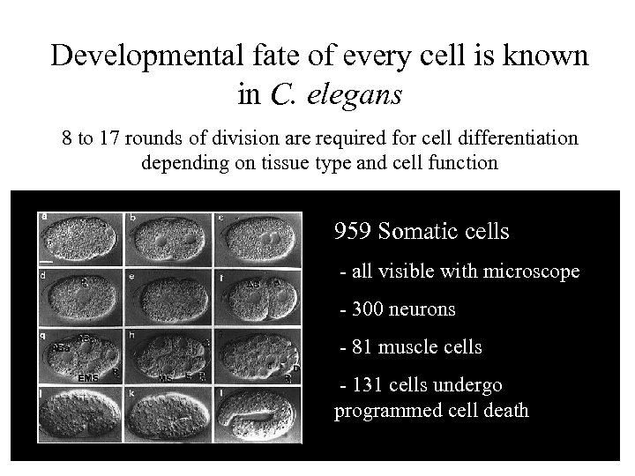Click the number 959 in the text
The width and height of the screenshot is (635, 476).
point(353,232)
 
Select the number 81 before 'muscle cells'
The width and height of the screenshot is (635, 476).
point(361,347)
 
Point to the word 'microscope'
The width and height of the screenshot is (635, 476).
point(534,271)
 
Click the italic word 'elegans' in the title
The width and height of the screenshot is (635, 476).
point(353,93)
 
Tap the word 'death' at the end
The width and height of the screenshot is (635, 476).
point(504,411)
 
